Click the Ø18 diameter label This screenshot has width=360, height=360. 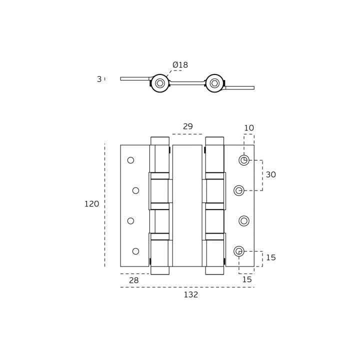pos(180,65)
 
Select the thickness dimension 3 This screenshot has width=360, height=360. pos(99,79)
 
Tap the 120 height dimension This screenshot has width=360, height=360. pos(91,204)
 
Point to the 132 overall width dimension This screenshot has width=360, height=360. pos(191,294)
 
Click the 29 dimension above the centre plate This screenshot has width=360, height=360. pos(188,126)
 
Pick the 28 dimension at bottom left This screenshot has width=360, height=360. pos(134,280)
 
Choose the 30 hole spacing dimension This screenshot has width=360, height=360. pos(270,174)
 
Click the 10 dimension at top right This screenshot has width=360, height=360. pos(249,128)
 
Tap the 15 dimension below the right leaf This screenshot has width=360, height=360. pos(247,279)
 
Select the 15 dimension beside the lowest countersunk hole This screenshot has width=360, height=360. pos(270,257)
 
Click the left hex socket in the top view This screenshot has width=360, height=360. pos(160,83)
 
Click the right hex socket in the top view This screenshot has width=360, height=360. pos(214,83)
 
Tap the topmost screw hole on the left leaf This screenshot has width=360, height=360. pos(130,160)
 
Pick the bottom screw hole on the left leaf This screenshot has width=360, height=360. pos(135,251)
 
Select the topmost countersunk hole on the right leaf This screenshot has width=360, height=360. pos(244,160)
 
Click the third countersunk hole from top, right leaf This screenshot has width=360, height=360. pos(244,221)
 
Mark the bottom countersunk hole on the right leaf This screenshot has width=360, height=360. pos(239,251)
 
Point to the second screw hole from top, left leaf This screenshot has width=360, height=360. pos(135,190)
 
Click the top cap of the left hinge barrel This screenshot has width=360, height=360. pos(160,141)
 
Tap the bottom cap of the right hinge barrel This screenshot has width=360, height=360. pos(214,270)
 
